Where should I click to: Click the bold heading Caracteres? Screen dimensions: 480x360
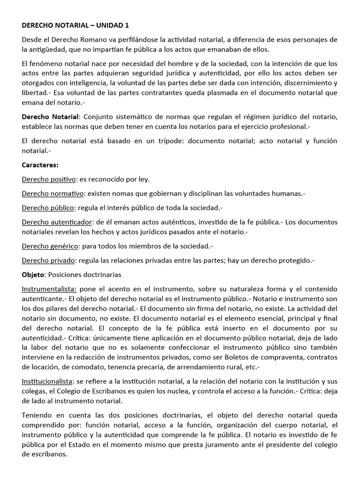(40, 165)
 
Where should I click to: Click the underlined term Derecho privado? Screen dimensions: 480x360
(48, 260)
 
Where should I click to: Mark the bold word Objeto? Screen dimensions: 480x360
(32, 274)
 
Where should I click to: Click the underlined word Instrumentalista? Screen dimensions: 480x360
(49, 289)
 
